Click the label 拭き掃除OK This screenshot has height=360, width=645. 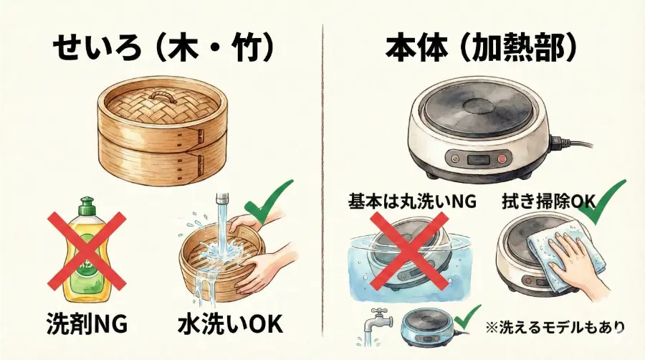tap(548, 202)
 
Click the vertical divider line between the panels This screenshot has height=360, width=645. tap(322, 179)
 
